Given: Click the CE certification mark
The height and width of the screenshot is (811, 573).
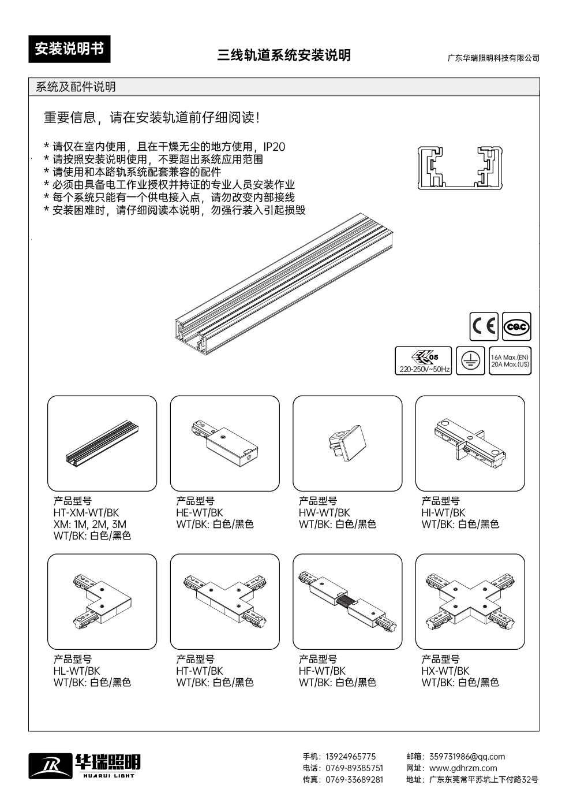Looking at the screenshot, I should [x=484, y=327].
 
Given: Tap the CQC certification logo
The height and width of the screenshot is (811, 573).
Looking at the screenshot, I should [x=516, y=327].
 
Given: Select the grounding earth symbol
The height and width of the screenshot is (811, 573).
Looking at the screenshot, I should [x=470, y=360].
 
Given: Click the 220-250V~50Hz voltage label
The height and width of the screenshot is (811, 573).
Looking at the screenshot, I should [x=423, y=369].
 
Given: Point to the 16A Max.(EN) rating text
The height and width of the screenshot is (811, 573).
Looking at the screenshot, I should [x=510, y=357].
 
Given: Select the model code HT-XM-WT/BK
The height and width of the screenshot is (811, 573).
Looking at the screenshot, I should [x=87, y=512].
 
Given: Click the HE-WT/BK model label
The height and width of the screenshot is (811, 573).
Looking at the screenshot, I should [x=200, y=512].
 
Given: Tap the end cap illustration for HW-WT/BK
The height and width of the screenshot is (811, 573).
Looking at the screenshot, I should [x=347, y=443].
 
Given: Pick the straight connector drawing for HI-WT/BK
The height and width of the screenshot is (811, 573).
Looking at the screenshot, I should [x=470, y=443].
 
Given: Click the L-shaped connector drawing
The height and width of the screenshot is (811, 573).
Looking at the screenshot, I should [x=102, y=601].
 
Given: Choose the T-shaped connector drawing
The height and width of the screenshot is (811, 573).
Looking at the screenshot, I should [x=224, y=601].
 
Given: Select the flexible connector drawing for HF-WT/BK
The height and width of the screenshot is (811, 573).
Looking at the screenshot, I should [x=347, y=601].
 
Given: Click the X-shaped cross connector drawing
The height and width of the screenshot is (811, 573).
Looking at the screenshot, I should [x=470, y=601].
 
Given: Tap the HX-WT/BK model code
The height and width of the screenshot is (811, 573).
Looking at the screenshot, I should [x=445, y=671].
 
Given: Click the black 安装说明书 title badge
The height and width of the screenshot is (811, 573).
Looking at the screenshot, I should [x=69, y=50].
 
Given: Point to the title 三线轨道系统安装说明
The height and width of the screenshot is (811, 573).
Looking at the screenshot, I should [x=284, y=55].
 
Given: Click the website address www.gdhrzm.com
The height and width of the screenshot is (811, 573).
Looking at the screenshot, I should [x=463, y=768].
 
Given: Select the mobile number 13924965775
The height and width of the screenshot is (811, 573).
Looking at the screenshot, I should [x=351, y=757].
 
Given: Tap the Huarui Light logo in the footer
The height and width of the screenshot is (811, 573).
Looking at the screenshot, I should [x=85, y=765].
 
